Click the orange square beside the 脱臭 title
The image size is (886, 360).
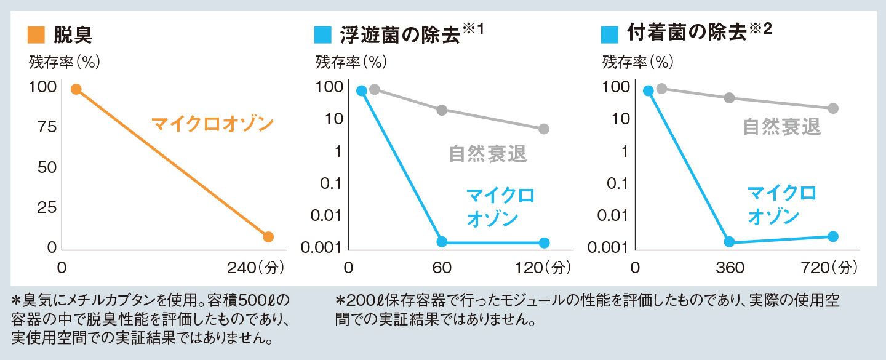pyautogui.click(x=36, y=35)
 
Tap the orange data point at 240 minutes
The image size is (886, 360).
pyautogui.click(x=268, y=237)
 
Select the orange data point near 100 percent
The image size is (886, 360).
pyautogui.click(x=76, y=89)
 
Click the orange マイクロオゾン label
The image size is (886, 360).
pyautogui.click(x=212, y=124)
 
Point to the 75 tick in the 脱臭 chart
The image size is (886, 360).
pyautogui.click(x=42, y=127)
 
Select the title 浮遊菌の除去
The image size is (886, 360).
pyautogui.click(x=400, y=34)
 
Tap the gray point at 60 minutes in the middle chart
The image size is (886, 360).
pyautogui.click(x=442, y=110)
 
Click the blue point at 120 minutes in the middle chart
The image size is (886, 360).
pyautogui.click(x=544, y=242)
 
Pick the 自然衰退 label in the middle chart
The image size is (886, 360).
pyautogui.click(x=488, y=154)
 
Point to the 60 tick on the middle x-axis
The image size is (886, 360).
pyautogui.click(x=442, y=268)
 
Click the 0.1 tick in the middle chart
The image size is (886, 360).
pyautogui.click(x=330, y=183)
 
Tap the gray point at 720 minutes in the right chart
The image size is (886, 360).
pyautogui.click(x=834, y=108)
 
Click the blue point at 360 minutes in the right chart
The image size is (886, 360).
pyautogui.click(x=729, y=242)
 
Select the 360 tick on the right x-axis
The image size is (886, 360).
pyautogui.click(x=729, y=268)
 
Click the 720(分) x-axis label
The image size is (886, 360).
pyautogui.click(x=831, y=268)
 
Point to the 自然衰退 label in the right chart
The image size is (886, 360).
pyautogui.click(x=781, y=127)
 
